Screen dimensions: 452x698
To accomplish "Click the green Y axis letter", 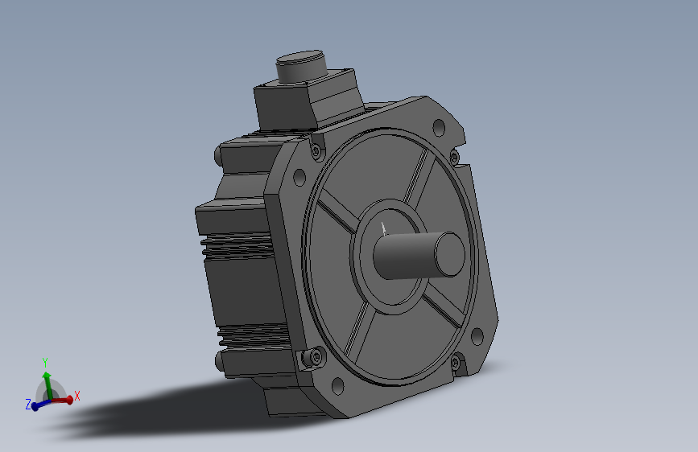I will [46, 362].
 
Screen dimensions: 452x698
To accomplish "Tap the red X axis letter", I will [77, 396].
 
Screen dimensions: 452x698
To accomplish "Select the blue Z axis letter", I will [28, 405].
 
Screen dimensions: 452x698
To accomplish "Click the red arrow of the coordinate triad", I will [64, 399].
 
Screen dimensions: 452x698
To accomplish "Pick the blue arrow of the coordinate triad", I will [38, 405].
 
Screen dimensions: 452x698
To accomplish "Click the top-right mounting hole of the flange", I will [439, 127].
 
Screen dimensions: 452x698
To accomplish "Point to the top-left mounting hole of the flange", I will [299, 176].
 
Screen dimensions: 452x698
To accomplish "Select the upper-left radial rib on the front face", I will [334, 216].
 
